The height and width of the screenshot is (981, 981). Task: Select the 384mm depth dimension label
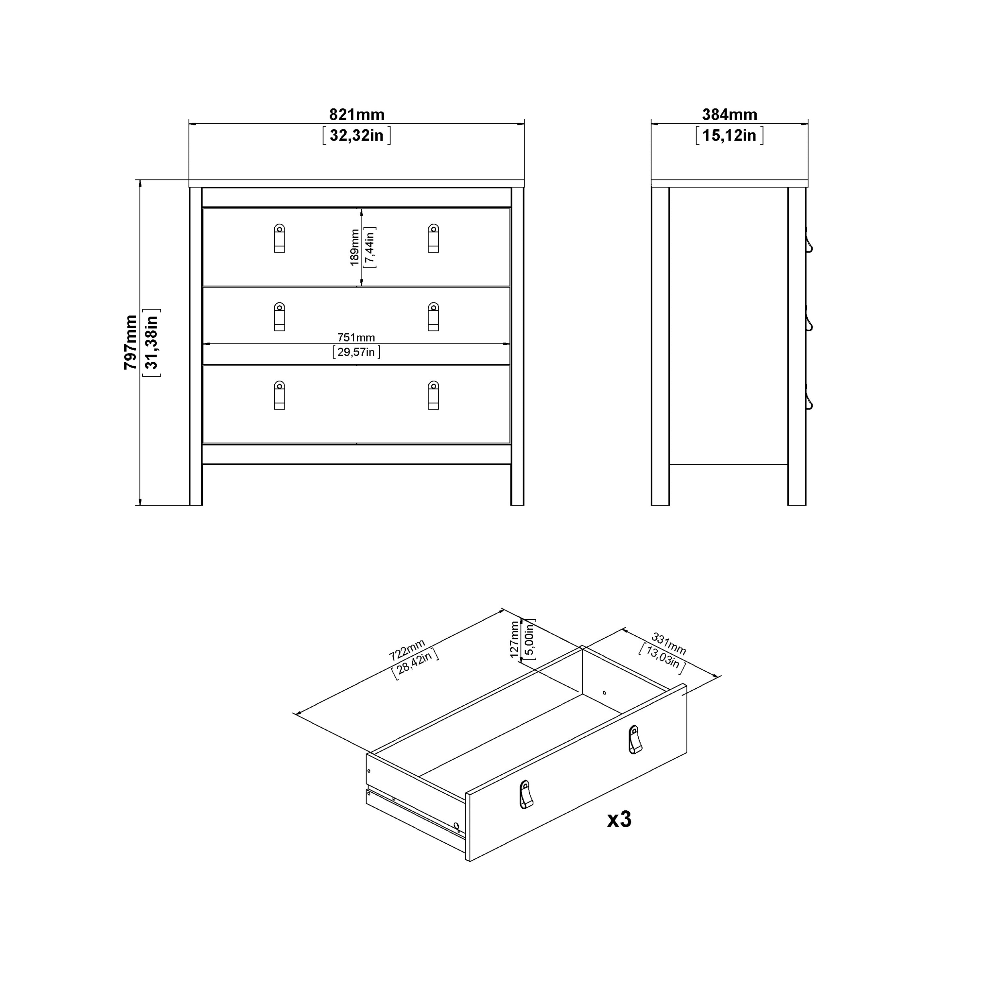tap(729, 115)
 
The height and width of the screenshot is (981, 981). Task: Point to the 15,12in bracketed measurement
tap(729, 136)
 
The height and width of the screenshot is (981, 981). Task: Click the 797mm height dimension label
tap(130, 342)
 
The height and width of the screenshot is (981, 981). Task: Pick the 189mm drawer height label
tap(354, 247)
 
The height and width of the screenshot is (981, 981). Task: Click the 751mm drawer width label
tap(356, 337)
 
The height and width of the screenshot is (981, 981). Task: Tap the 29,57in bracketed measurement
tap(356, 352)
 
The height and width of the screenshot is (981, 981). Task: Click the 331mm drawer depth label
tap(669, 644)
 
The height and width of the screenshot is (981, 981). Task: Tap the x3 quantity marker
tap(619, 819)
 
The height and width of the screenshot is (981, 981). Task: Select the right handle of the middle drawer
tap(433, 317)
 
